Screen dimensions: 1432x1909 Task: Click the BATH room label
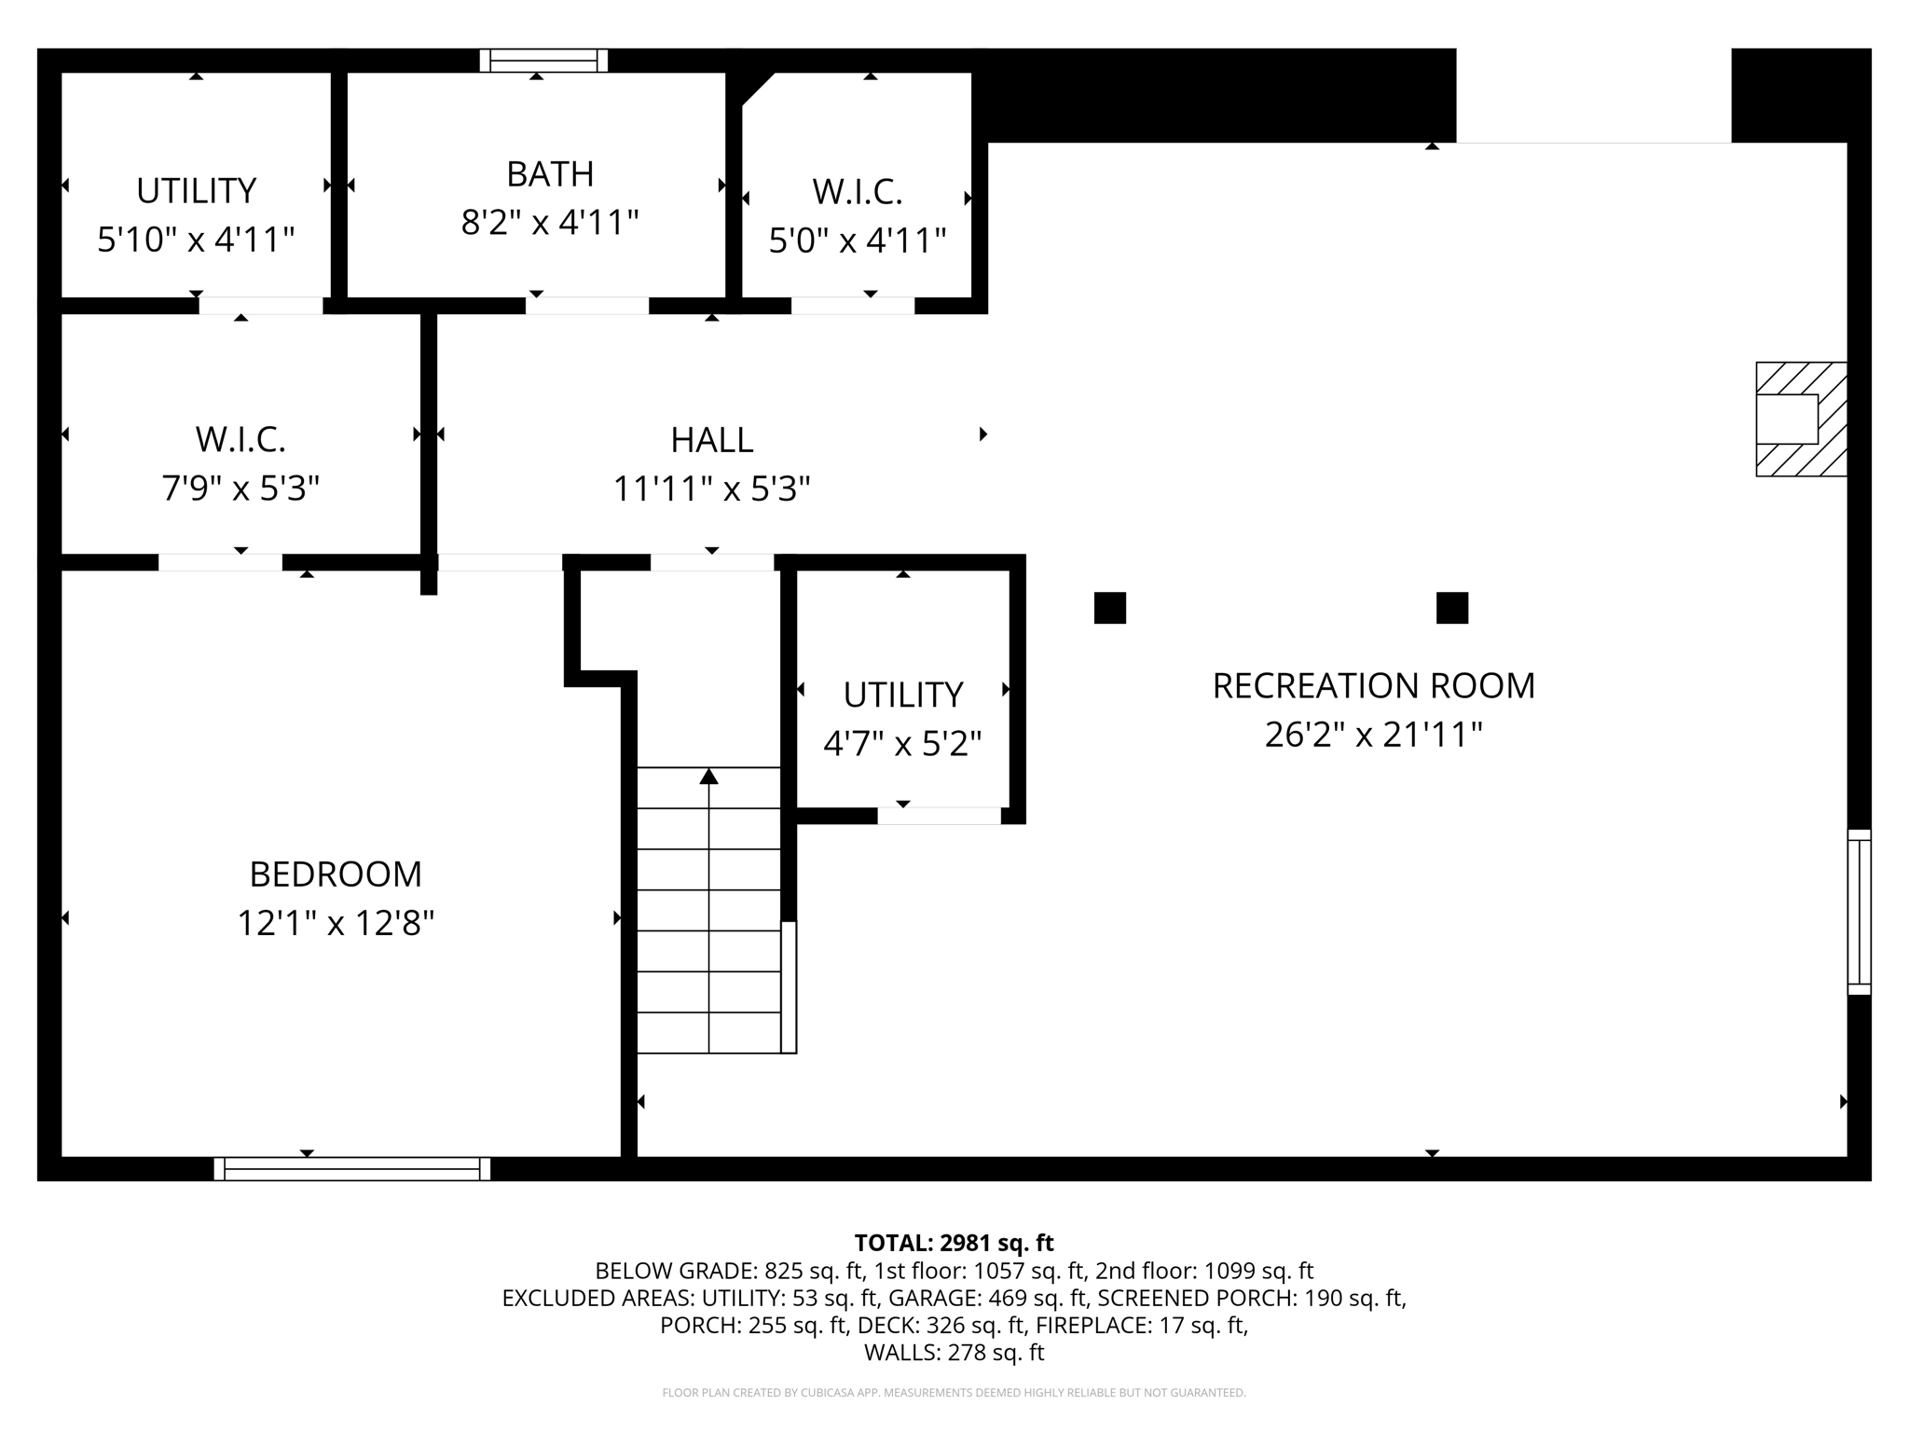[x=550, y=174]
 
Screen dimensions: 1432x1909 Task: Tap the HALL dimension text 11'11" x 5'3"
[x=711, y=489]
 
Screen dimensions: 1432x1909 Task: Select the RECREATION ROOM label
[x=1372, y=686]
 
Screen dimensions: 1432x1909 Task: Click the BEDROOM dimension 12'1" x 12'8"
[x=336, y=923]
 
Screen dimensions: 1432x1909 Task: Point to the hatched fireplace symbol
[x=1800, y=420]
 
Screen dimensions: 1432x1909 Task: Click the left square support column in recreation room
[x=1109, y=608]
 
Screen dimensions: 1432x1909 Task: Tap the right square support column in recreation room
[x=1451, y=608]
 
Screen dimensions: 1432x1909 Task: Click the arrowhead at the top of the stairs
[x=709, y=776]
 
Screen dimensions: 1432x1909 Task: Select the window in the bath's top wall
[x=543, y=61]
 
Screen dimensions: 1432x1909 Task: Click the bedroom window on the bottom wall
[x=351, y=1169]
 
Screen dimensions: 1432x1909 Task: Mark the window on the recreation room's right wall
[x=1859, y=912]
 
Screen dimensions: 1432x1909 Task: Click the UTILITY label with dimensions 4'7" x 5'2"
[x=902, y=695]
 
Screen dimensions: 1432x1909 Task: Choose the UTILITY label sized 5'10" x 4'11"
[x=196, y=191]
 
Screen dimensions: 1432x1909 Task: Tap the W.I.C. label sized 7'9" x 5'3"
[x=240, y=439]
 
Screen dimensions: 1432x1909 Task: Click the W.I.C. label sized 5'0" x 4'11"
[x=857, y=192]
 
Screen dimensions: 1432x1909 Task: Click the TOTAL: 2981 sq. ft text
[x=954, y=1243]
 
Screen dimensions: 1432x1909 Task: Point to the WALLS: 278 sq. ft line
[x=954, y=1353]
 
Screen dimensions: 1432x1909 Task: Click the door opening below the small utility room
[x=939, y=816]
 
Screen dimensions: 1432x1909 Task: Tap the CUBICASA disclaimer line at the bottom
[x=954, y=1393]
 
